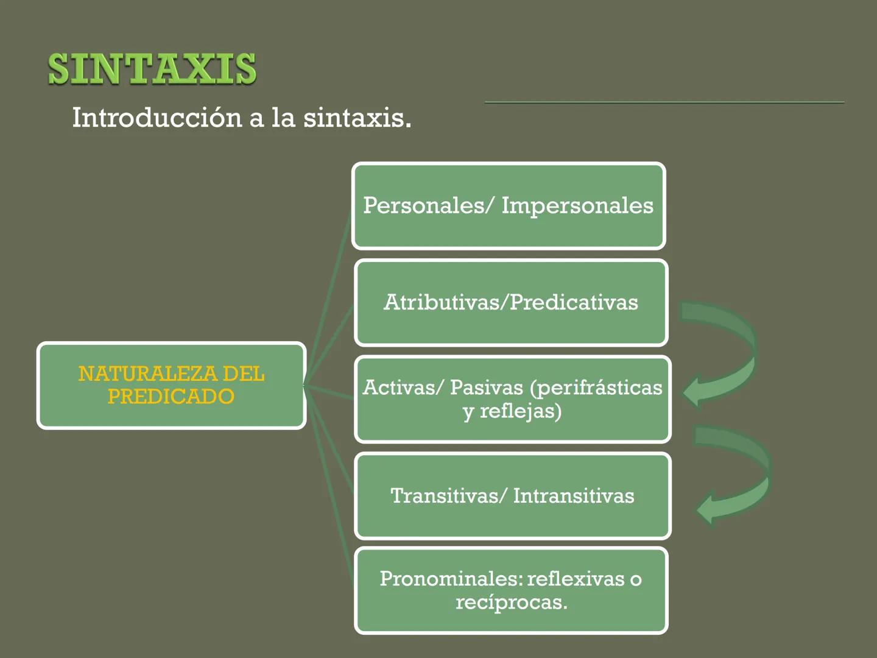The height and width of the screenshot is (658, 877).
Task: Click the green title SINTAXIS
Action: tap(152, 68)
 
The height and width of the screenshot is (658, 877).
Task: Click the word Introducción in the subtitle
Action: tap(157, 118)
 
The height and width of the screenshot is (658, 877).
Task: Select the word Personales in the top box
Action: tap(423, 205)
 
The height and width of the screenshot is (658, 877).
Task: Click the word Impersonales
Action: tap(577, 206)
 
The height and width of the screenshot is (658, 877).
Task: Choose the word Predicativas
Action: tap(574, 302)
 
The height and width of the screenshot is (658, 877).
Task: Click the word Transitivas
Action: tap(444, 495)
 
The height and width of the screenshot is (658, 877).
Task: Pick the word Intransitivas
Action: tap(573, 495)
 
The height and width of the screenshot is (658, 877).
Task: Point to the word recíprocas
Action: tap(511, 602)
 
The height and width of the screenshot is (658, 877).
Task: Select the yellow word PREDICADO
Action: tap(171, 397)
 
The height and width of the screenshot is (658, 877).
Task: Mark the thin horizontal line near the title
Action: tap(664, 102)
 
